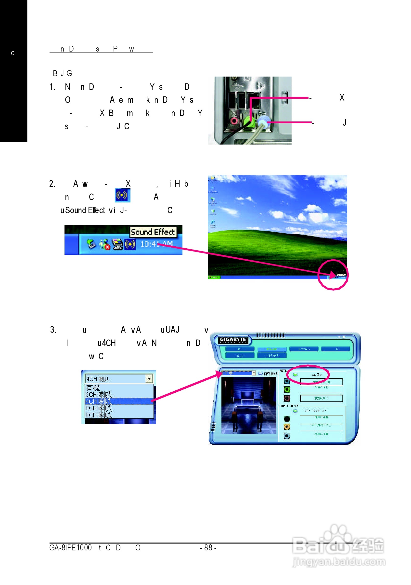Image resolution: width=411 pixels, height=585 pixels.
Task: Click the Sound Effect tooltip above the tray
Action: pos(153,232)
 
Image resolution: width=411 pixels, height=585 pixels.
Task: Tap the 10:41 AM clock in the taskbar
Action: pos(156,244)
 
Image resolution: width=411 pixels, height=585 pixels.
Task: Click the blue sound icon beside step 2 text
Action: pos(122,195)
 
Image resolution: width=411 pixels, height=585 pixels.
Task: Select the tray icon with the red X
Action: pos(104,244)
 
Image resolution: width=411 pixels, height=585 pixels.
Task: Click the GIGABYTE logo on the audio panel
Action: pos(233,340)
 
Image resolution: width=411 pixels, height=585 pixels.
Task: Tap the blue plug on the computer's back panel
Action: pos(263,121)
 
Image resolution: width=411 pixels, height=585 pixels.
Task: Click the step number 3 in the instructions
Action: pos(53,330)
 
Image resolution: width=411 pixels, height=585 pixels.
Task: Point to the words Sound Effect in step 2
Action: pos(85,210)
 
